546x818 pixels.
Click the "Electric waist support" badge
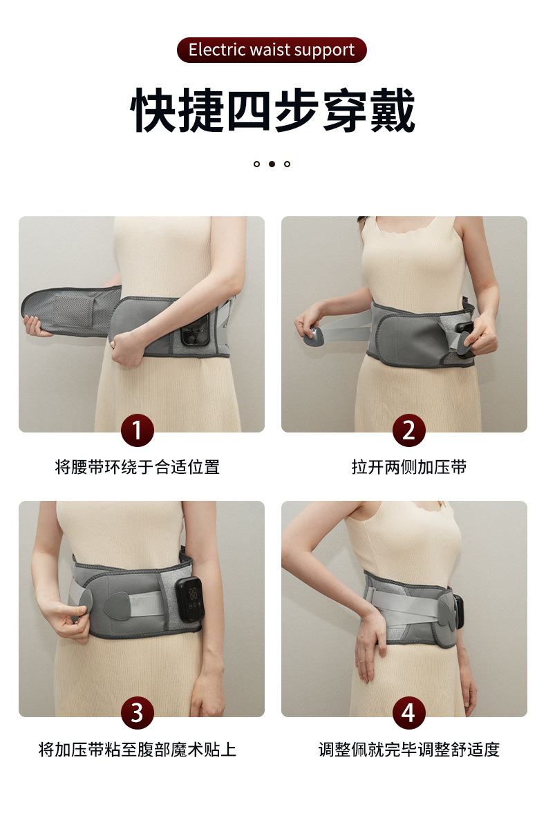[272, 50]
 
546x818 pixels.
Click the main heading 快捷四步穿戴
[273, 111]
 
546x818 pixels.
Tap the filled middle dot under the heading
[272, 164]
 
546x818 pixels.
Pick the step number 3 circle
[137, 712]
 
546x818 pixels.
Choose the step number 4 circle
[408, 712]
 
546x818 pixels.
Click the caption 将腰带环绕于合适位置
[137, 467]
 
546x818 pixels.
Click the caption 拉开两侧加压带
[408, 467]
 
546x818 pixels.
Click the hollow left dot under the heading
[256, 164]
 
